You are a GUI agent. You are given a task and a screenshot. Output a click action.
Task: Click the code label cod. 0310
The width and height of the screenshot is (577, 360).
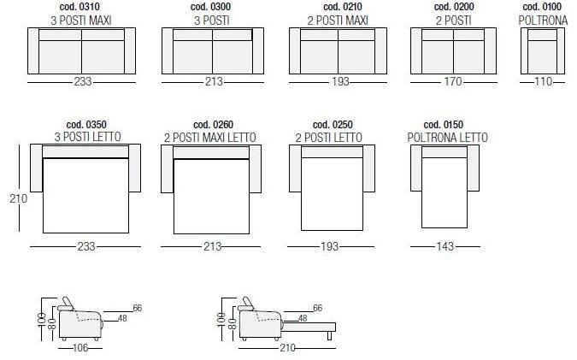click(79, 7)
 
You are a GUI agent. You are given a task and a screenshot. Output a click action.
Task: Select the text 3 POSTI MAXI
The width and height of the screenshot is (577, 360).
click(81, 21)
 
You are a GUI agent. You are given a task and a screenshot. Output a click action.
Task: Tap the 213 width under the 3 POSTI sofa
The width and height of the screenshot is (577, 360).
click(214, 81)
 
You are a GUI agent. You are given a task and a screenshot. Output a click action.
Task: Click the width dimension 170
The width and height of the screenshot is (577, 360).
click(452, 81)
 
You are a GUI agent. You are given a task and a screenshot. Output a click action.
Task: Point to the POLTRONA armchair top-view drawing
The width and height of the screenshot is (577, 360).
click(543, 50)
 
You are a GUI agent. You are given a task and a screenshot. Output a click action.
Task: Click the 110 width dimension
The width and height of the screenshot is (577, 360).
click(543, 81)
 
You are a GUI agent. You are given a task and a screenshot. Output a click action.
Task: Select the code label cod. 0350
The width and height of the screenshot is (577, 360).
click(86, 124)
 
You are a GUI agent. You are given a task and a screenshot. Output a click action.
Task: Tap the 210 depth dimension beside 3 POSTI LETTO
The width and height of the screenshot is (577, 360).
click(19, 198)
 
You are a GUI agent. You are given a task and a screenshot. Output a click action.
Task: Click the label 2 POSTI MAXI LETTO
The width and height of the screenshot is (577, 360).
click(210, 138)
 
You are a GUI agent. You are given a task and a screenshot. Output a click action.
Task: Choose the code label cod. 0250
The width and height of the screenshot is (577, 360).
click(333, 124)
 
